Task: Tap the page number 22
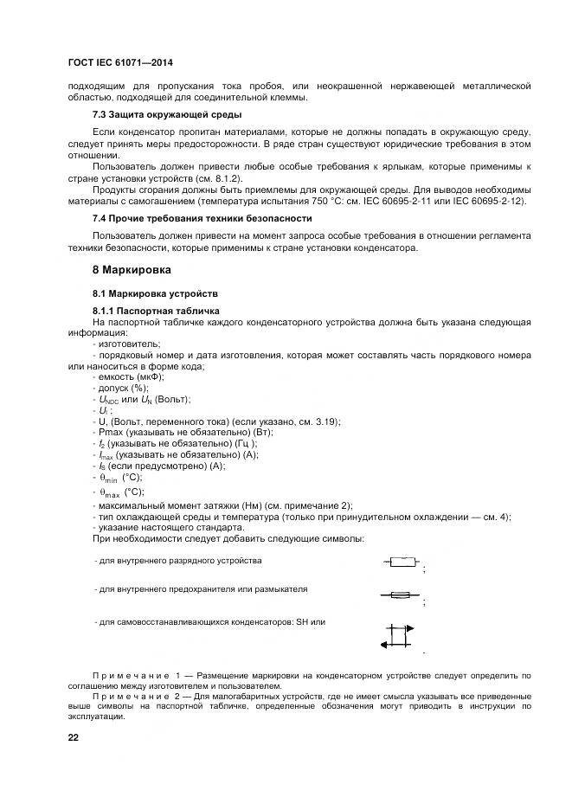[73, 737]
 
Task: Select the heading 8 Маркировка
[132, 270]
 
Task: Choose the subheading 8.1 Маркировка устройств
[150, 293]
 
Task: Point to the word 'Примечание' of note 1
[128, 674]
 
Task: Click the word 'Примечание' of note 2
[128, 695]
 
